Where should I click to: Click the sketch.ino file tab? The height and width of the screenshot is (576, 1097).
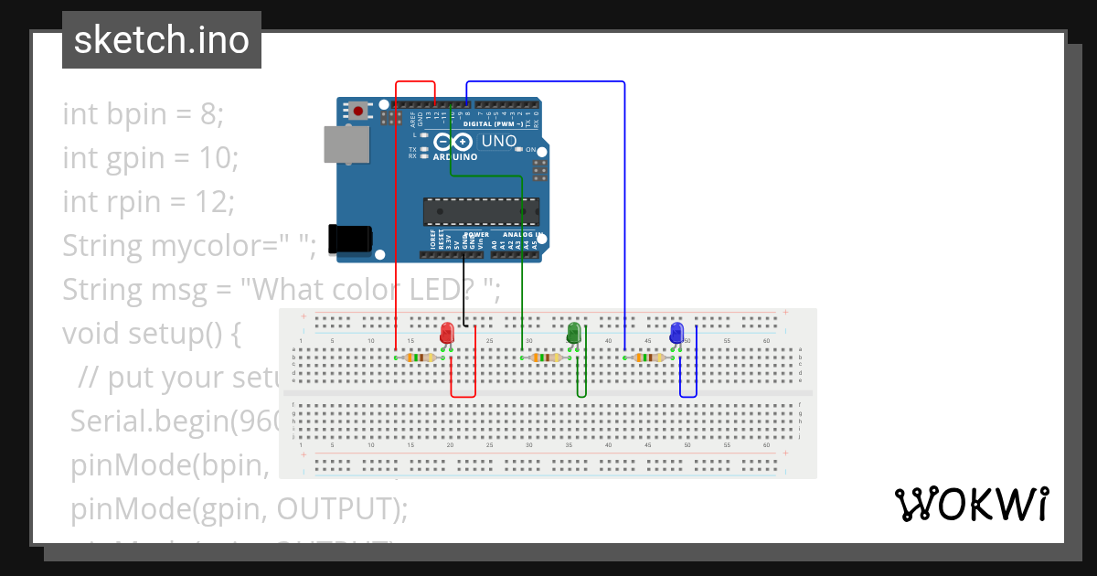[x=162, y=40]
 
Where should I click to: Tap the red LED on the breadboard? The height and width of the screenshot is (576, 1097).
[x=446, y=333]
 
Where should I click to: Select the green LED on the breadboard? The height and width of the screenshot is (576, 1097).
[x=574, y=333]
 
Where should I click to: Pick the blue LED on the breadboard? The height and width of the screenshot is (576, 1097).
[x=676, y=333]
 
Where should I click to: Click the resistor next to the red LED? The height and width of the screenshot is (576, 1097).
[x=421, y=357]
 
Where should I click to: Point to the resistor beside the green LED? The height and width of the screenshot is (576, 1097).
[x=547, y=357]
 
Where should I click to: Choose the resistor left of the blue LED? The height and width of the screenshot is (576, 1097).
[x=649, y=357]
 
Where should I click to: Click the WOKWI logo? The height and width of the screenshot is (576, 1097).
[x=971, y=504]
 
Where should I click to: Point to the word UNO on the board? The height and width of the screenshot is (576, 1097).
[x=498, y=142]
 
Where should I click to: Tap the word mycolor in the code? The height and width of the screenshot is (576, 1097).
[x=212, y=246]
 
